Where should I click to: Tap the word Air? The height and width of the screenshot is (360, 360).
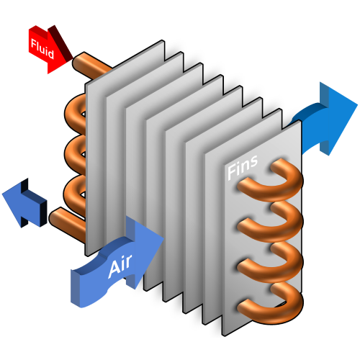[x=120, y=269]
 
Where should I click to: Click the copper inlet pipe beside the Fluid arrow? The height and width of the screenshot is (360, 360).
[x=90, y=64]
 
